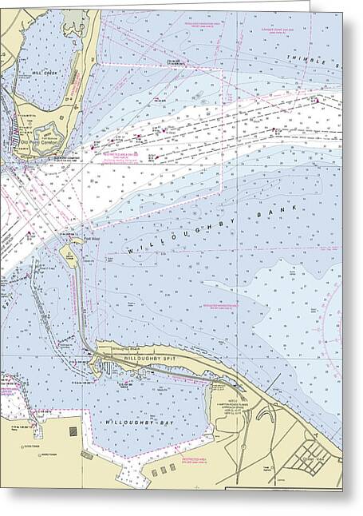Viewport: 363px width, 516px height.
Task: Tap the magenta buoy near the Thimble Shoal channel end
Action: pos(317,101)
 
